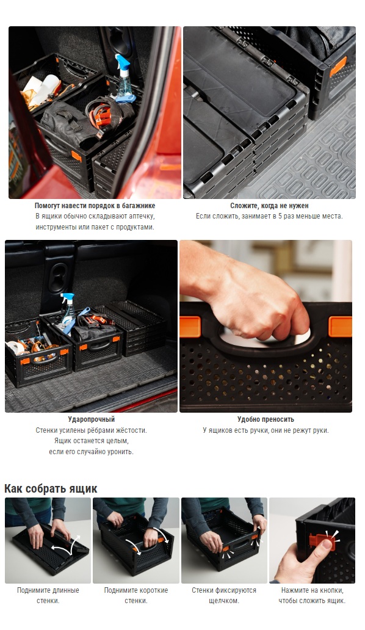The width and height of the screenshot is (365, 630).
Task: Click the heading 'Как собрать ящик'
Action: click(51, 488)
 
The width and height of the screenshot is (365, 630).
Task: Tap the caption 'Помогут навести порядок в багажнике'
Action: click(95, 205)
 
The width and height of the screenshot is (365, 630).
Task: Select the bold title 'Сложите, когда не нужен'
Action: click(269, 205)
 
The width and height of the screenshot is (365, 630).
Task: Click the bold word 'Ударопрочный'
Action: click(91, 419)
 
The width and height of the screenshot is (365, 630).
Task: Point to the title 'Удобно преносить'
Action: click(266, 419)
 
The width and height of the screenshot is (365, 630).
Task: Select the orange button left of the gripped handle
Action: click(190, 327)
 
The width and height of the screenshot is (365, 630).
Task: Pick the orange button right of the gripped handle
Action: click(340, 326)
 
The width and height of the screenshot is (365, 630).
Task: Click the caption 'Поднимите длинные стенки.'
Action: click(48, 595)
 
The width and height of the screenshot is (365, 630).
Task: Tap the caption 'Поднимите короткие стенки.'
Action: click(136, 595)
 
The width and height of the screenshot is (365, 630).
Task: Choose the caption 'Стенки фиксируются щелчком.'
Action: click(223, 595)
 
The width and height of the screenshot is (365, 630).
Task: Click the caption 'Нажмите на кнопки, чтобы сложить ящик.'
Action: click(312, 595)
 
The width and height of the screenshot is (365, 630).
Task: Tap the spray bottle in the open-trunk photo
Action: click(68, 311)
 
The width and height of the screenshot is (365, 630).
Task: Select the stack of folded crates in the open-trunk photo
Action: click(139, 327)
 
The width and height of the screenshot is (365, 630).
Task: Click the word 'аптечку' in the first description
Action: click(142, 216)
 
